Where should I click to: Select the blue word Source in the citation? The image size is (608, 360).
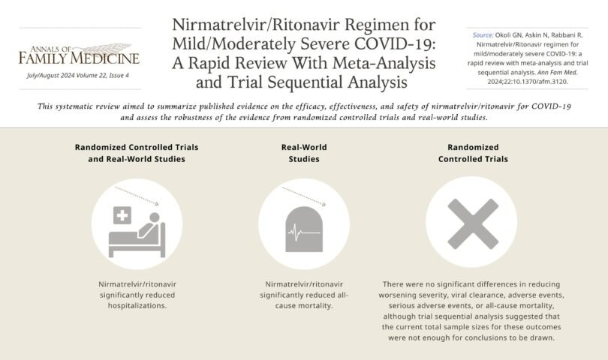point(482,34)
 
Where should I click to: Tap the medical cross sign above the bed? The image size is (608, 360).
point(121,216)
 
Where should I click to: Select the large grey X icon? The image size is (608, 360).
point(471,223)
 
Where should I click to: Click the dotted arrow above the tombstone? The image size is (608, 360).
point(304,197)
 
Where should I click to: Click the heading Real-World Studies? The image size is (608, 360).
point(304,153)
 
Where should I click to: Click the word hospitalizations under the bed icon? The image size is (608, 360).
point(137,305)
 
